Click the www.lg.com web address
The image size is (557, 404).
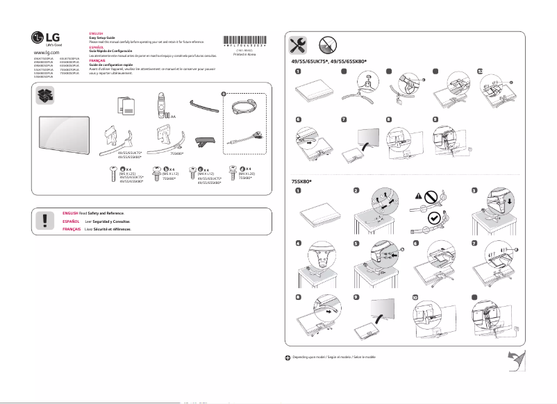click(46, 52)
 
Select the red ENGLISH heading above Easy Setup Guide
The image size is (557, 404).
click(97, 33)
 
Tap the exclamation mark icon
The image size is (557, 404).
click(45, 221)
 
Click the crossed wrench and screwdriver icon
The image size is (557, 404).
click(299, 45)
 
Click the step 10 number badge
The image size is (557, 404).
click(415, 296)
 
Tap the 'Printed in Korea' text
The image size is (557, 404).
click(244, 54)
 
